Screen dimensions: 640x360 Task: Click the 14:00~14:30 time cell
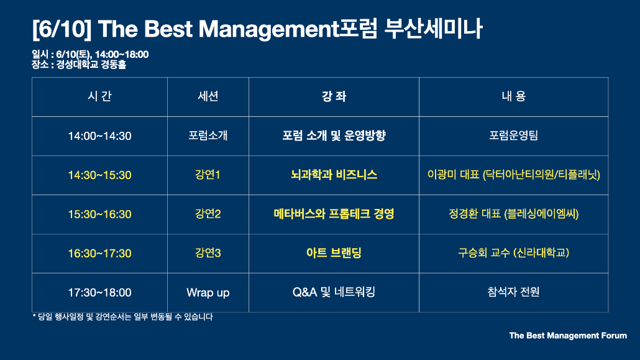pos(99,136)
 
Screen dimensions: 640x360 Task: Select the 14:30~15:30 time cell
pos(99,175)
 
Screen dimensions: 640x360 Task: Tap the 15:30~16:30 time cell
pos(99,214)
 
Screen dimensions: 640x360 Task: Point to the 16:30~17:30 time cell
pos(99,253)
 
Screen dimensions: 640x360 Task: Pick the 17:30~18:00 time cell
pos(99,293)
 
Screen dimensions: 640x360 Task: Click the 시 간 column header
pos(99,96)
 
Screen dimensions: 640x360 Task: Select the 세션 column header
pos(208,96)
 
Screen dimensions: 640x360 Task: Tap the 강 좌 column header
pos(334,96)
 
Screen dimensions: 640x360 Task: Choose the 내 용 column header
pos(513,96)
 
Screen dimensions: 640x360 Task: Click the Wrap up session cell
pos(208,293)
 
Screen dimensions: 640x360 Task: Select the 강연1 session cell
pos(208,175)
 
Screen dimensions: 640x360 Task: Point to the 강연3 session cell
pos(208,253)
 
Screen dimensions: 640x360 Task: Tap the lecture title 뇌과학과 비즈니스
pos(334,175)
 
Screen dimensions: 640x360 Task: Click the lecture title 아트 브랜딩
pos(334,253)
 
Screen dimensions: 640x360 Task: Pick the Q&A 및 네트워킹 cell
pos(334,292)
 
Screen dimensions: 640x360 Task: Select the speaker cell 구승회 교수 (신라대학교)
pos(513,253)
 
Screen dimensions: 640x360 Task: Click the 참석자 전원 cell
pos(513,292)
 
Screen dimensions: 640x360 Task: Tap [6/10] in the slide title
pos(62,29)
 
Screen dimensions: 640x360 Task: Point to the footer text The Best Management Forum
pos(568,336)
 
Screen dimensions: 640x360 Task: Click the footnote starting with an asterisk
pos(122,316)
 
